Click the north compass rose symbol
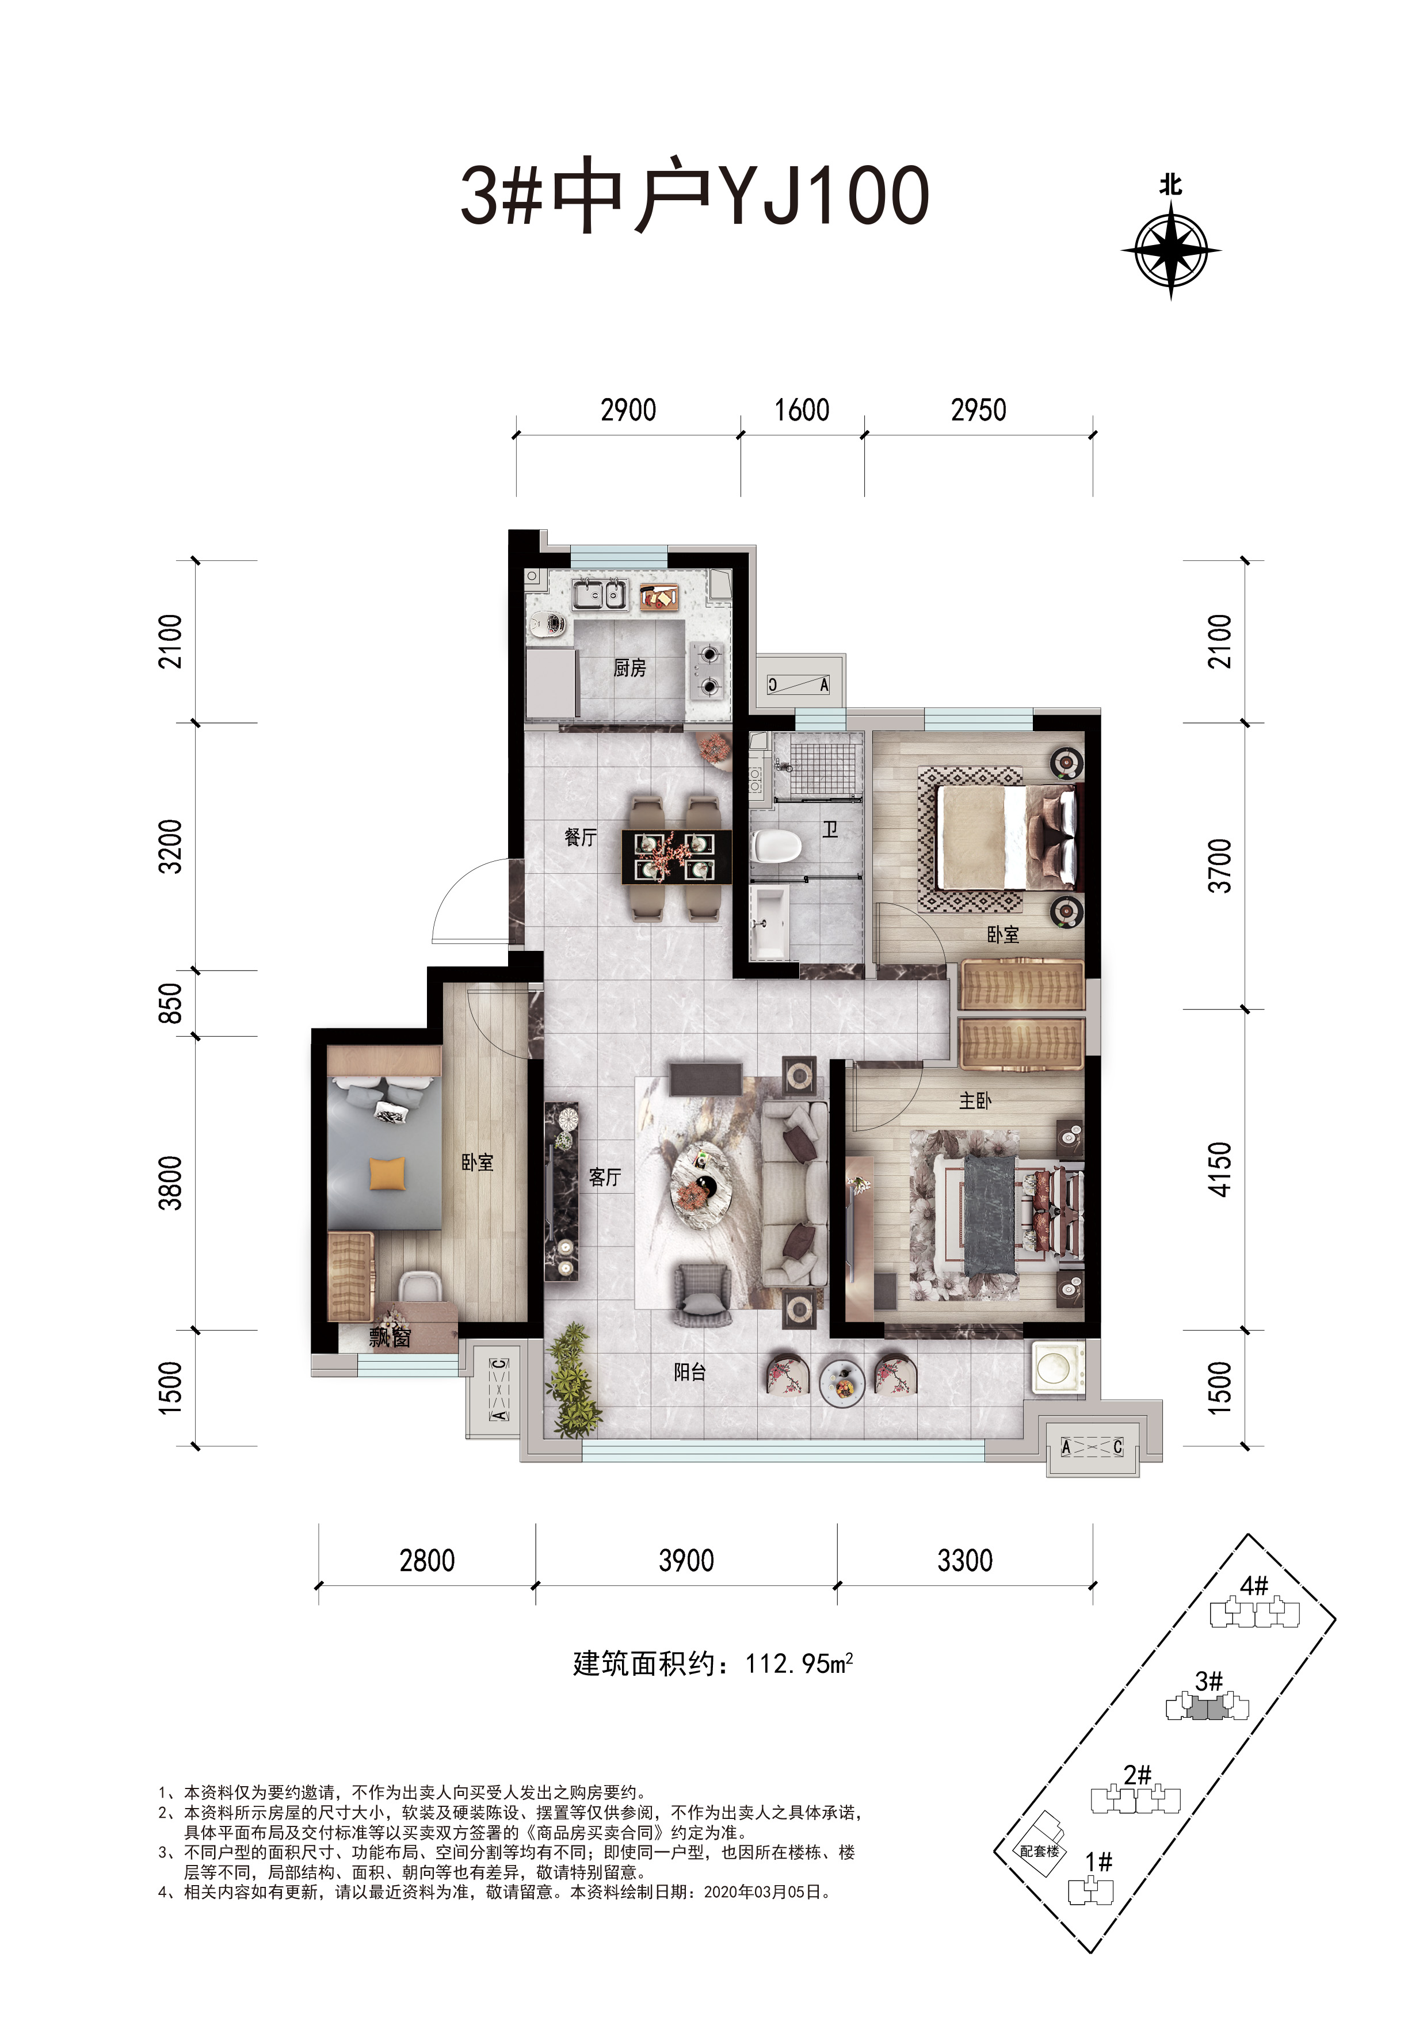tap(1170, 250)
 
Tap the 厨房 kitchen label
tap(629, 668)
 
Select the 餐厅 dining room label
tap(581, 837)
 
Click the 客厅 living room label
tap(605, 1178)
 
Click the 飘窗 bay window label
tap(390, 1337)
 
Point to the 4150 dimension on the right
tap(1220, 1169)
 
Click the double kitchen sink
tap(600, 595)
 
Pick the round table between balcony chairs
tap(843, 1382)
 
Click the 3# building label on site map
tap(1209, 1680)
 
